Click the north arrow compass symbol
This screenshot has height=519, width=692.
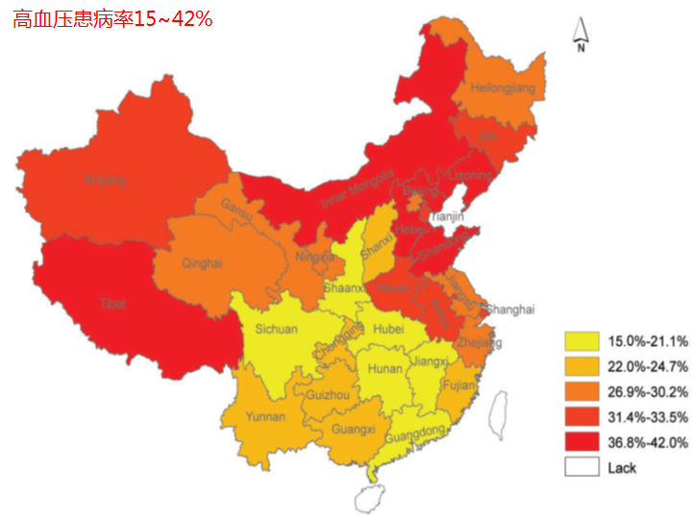[581, 35]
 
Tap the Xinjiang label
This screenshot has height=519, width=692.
[105, 180]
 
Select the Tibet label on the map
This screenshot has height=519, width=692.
[112, 304]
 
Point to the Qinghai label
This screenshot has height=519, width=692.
[202, 262]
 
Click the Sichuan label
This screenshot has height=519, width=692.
[277, 329]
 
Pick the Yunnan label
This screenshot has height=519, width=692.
[265, 417]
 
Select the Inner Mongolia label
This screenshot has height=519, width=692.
[358, 188]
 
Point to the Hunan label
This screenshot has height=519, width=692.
[385, 368]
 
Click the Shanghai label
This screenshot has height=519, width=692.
[509, 309]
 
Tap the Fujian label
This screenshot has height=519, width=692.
[459, 386]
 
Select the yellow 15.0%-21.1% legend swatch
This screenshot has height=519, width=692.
[581, 341]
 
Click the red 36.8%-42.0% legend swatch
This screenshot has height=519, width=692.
[581, 442]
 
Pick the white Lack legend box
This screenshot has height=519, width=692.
[581, 468]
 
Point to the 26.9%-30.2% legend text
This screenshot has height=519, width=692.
[647, 392]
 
